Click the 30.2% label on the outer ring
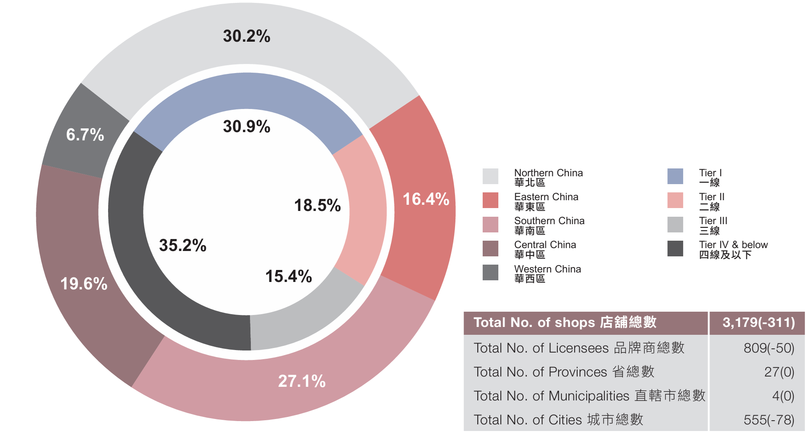247,36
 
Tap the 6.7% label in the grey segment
85,135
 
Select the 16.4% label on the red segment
426,199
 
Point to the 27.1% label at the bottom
302,381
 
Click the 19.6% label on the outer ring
84,284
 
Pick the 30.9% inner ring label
247,126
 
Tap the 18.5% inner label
317,205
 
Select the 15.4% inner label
288,276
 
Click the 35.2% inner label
183,245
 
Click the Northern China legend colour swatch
490,176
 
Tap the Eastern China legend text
546,202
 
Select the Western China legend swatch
490,272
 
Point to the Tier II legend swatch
675,200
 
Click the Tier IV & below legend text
733,250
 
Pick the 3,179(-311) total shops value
759,322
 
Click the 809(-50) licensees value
769,348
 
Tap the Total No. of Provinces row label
564,372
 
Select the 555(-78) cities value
769,420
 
